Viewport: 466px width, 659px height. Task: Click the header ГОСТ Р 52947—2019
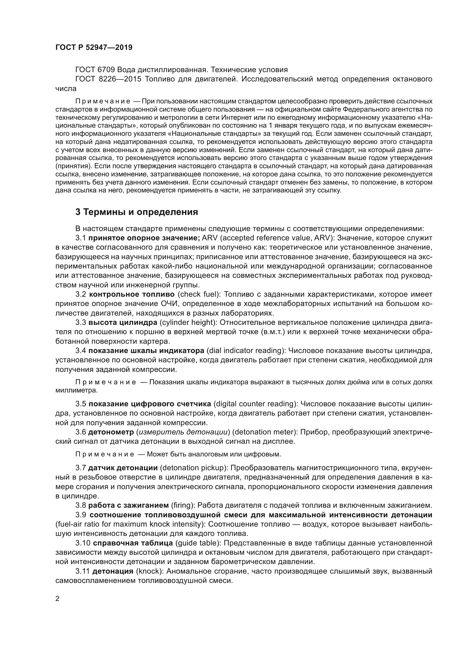pos(94,48)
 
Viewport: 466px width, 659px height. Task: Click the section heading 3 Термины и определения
pos(137,212)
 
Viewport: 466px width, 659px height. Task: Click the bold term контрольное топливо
pos(132,294)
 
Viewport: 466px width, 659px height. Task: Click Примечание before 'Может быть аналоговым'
pos(105,454)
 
